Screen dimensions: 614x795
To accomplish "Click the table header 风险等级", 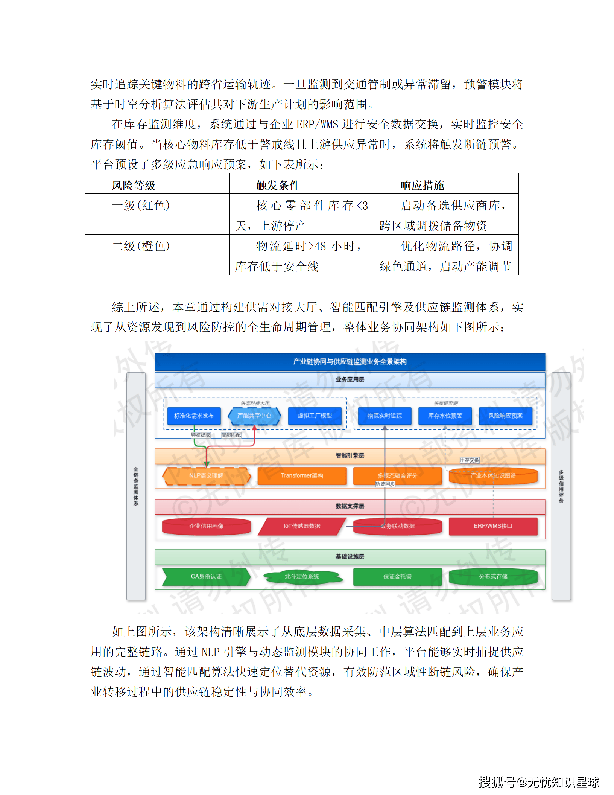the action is point(134,185).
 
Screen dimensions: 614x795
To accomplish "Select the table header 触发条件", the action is point(278,185).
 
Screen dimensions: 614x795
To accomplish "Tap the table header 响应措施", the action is point(423,185).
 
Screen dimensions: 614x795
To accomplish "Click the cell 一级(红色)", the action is point(141,206).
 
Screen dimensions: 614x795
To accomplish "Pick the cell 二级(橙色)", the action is point(141,246).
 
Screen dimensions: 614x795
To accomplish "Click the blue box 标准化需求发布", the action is point(194,416).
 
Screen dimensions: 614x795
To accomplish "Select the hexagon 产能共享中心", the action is point(254,416).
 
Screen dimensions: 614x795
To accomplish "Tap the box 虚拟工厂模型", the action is point(315,416).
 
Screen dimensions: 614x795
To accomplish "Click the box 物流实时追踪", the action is point(385,416).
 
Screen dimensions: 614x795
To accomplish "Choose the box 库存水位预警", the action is point(445,416).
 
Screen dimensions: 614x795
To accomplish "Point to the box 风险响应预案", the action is point(506,416).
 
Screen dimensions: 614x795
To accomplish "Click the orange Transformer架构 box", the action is point(302,476).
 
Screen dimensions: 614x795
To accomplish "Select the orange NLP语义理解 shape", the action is point(206,476).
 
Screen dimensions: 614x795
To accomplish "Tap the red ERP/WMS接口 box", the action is point(493,526).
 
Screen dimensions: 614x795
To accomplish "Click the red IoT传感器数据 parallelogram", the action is point(302,526).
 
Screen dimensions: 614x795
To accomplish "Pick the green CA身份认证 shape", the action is point(206,577).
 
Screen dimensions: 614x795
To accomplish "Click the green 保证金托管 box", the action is point(397,577).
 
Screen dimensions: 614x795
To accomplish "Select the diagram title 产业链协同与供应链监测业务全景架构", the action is point(350,362).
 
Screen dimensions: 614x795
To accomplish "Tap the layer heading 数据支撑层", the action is point(350,506).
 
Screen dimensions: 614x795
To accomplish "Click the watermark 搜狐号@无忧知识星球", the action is point(539,782).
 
